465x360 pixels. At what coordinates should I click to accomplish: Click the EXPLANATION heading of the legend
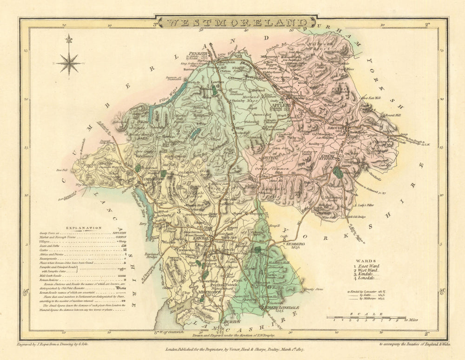[83, 228]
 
